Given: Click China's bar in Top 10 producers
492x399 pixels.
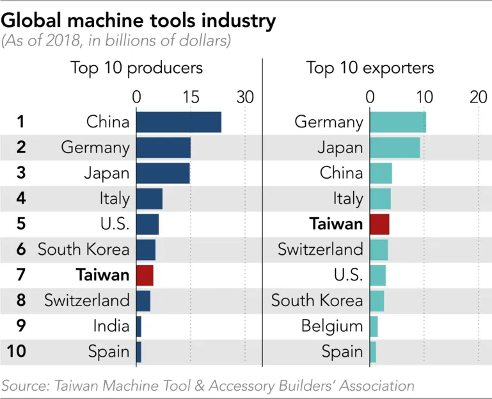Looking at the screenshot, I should point(179,122).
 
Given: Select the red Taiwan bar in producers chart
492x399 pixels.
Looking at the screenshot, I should point(145,275).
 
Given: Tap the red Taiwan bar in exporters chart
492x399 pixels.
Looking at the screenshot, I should point(379,224).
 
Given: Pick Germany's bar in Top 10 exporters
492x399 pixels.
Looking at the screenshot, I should point(397,122).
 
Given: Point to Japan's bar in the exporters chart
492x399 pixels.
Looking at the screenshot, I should point(395,147).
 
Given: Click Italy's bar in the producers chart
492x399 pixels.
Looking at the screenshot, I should point(149,199).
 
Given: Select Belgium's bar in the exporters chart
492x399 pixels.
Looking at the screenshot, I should point(374,326).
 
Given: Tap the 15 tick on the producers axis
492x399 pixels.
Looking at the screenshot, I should point(191,97).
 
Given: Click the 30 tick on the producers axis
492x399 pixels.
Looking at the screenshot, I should point(245,97).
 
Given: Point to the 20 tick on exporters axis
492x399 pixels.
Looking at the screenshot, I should point(479,97).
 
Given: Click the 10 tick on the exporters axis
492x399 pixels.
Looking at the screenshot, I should point(424,97).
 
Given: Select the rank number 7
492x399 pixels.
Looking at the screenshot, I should point(20,275).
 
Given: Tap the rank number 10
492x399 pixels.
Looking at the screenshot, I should point(18,352).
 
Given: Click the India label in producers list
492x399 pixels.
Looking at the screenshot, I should point(111,326).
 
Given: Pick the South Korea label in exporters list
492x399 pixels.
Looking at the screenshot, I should point(317,300).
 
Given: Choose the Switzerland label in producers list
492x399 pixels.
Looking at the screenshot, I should point(87,300).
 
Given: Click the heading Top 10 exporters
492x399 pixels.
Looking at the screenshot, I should point(370,68).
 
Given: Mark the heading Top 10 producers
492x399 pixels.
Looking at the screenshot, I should point(136,68).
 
